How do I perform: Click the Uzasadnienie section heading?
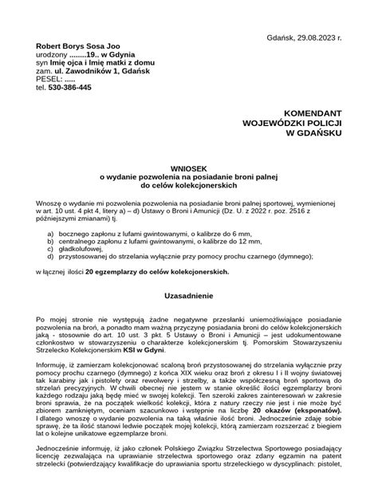tap(189, 295)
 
